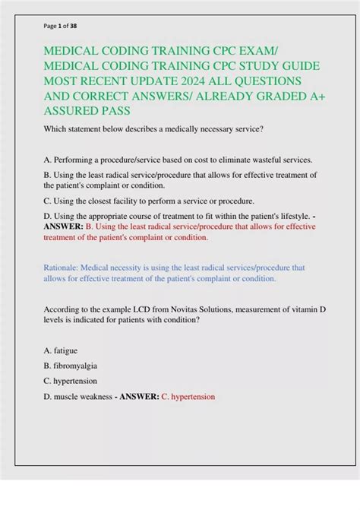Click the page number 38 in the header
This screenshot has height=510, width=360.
point(73,25)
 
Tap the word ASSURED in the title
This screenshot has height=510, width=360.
point(71,111)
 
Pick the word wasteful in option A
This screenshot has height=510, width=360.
point(256,160)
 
